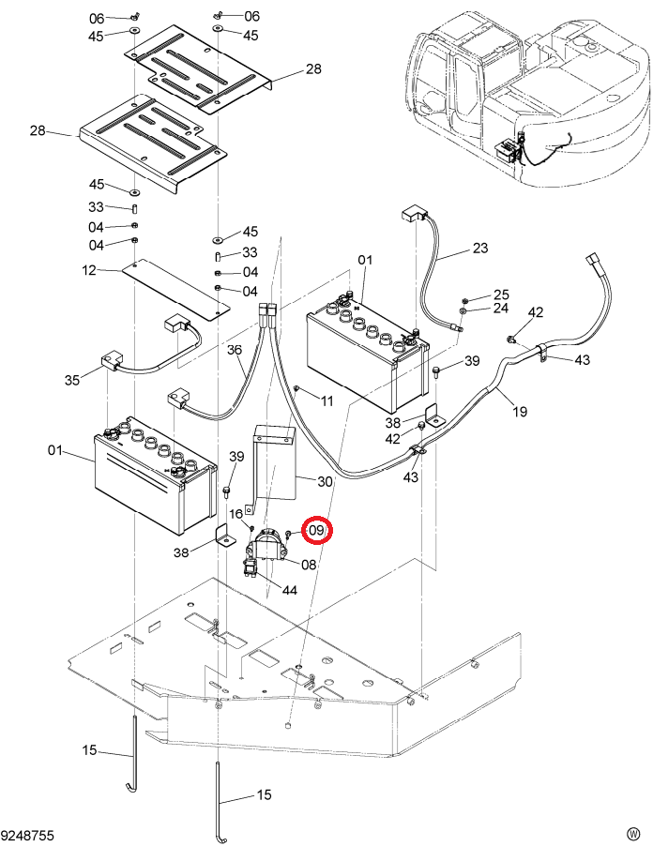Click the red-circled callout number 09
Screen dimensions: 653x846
point(317,530)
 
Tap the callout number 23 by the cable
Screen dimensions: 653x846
point(479,248)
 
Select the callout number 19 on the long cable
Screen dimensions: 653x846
point(519,412)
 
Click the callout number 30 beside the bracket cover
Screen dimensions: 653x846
point(325,481)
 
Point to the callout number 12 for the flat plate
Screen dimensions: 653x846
point(89,270)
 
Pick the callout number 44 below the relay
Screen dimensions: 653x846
point(290,590)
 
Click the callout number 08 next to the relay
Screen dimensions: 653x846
point(308,565)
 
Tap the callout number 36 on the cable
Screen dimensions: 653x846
point(235,350)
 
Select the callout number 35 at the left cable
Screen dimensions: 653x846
point(72,380)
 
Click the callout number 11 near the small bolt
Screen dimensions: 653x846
point(327,400)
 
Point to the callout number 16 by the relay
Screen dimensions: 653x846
point(236,514)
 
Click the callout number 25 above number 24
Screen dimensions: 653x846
point(501,295)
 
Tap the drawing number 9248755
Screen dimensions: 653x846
point(28,835)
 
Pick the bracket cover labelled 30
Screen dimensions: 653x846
point(274,464)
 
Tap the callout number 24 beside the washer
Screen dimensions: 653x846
point(501,308)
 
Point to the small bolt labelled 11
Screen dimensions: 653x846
point(296,388)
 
